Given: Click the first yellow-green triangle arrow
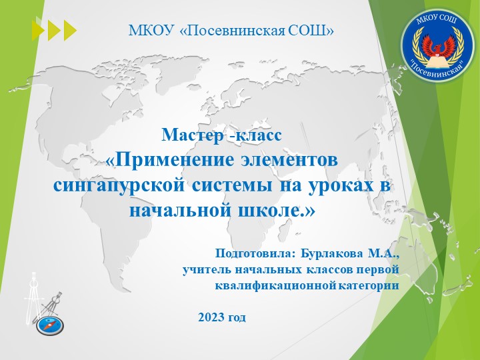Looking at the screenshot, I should click(38, 31).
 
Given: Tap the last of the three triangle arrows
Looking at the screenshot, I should click(70, 31).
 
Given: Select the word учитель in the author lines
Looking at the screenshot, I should click(204, 270).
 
